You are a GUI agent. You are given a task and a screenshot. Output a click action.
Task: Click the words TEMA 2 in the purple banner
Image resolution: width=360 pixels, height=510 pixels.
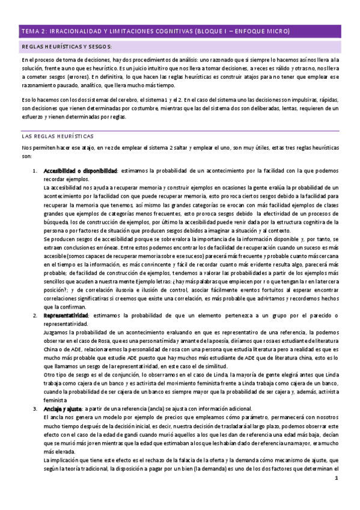(x=34, y=31)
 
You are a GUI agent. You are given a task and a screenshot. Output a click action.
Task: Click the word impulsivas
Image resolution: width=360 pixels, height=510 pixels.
(x=313, y=100)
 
